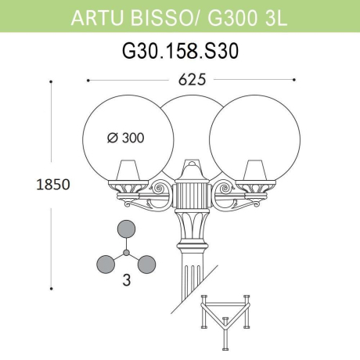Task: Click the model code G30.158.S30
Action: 180,52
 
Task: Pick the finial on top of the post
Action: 189,166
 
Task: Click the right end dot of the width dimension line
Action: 294,80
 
